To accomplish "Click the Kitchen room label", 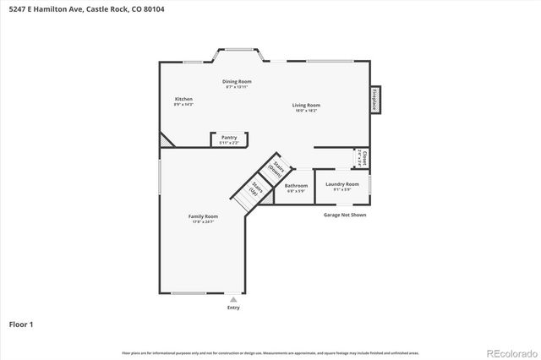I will (x=183, y=99).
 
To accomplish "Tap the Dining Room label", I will (x=238, y=81).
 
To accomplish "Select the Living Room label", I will (x=307, y=105).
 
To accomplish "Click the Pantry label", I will (x=229, y=137).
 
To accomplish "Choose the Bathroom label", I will (x=296, y=185).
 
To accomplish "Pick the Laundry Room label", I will (x=342, y=183).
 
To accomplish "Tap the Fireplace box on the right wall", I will (x=374, y=100).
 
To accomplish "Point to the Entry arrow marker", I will (x=233, y=299).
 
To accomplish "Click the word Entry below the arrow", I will (x=233, y=308).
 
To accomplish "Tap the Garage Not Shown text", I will (x=345, y=215).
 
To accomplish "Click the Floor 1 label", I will (x=21, y=324).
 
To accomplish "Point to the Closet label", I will (x=363, y=157).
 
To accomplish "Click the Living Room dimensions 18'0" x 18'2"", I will (x=307, y=111).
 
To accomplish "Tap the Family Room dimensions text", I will (x=203, y=221).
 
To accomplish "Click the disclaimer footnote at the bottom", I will (x=270, y=352).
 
